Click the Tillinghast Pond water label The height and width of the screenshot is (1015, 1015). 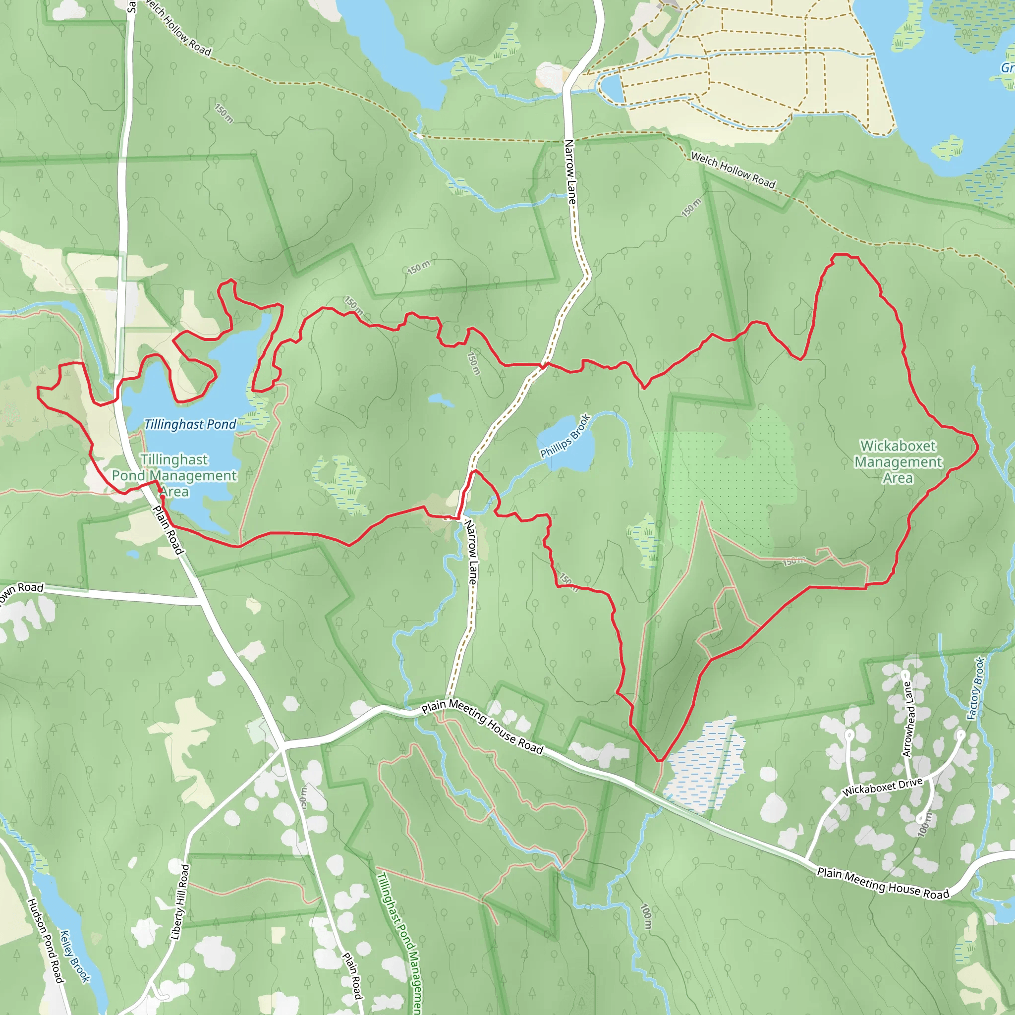190,424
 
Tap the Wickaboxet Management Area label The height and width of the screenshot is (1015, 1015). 898,462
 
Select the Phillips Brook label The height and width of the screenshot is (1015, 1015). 565,436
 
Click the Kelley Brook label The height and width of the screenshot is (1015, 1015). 75,956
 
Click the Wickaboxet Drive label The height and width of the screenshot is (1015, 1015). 882,787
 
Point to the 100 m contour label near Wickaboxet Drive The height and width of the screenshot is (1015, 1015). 925,824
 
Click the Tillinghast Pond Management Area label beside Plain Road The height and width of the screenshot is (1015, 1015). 174,475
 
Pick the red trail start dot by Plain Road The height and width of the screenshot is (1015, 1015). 163,497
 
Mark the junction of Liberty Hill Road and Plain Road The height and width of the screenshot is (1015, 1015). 282,746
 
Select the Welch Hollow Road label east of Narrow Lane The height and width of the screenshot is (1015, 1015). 733,169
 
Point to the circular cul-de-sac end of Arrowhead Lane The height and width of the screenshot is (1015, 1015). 904,674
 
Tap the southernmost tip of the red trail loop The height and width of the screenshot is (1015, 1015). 659,760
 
